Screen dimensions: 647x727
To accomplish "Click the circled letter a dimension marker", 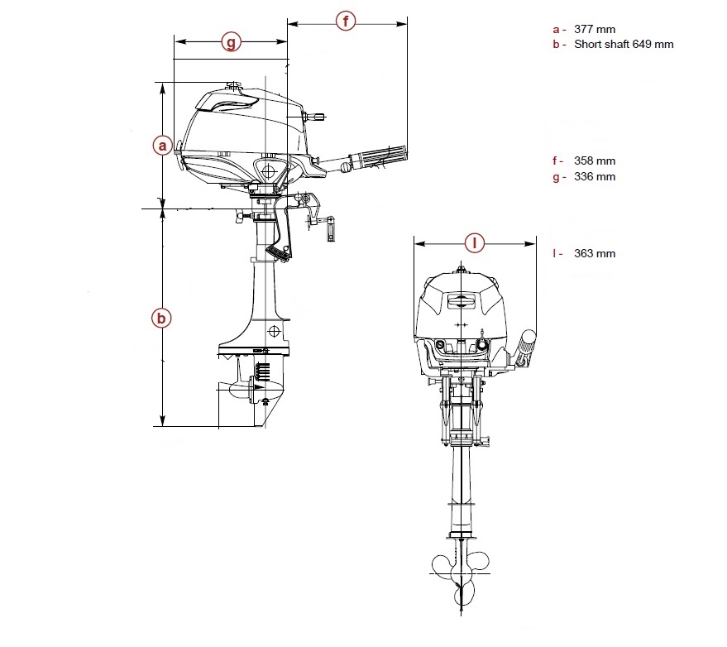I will tap(164, 146).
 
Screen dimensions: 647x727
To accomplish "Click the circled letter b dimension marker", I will tap(163, 317).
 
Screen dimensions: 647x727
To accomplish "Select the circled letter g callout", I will tap(232, 41).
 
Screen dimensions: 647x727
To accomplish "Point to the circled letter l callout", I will tap(474, 243).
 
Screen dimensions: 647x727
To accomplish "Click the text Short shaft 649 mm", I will tap(624, 44).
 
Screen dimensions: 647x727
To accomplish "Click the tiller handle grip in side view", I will tap(377, 156).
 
